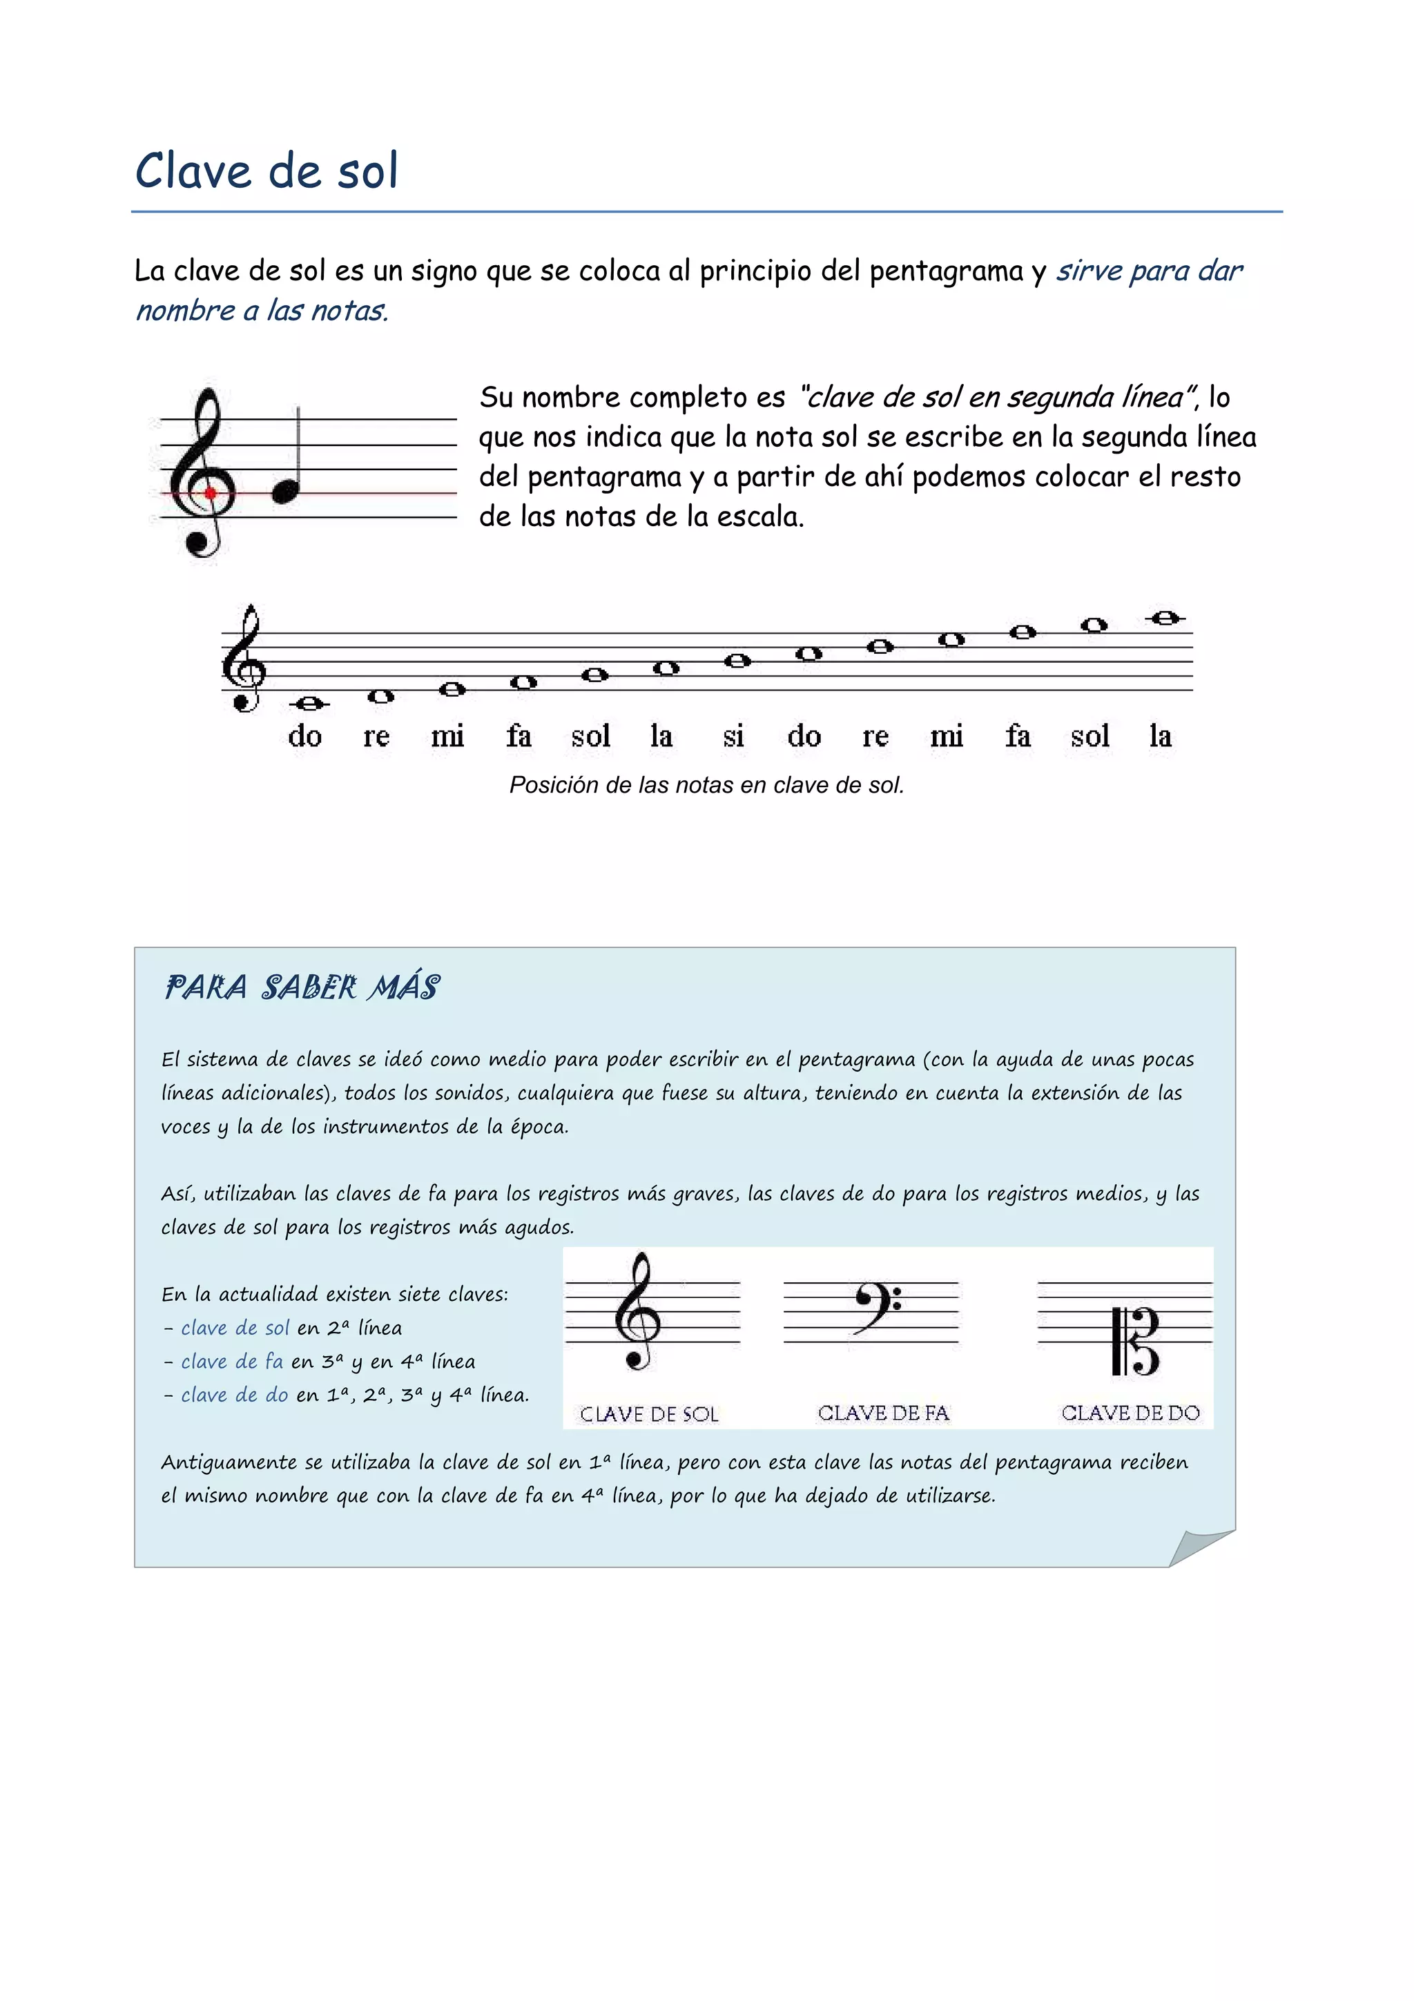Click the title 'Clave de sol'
[x=267, y=170]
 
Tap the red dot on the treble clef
[x=210, y=493]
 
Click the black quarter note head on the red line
[x=285, y=493]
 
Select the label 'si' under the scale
[x=733, y=737]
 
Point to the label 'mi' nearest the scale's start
[x=447, y=737]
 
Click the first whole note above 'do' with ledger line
[x=309, y=704]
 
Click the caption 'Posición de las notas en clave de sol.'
[x=706, y=785]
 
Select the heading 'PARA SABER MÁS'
[x=302, y=987]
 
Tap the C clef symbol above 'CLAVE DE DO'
[x=1136, y=1342]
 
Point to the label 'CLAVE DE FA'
[x=882, y=1413]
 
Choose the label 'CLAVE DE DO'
[x=1130, y=1413]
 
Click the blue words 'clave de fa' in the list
[x=232, y=1362]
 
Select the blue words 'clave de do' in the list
[x=234, y=1395]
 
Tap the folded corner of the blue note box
[x=1198, y=1549]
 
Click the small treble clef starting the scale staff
[x=244, y=659]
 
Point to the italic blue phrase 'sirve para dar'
[x=1148, y=271]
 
